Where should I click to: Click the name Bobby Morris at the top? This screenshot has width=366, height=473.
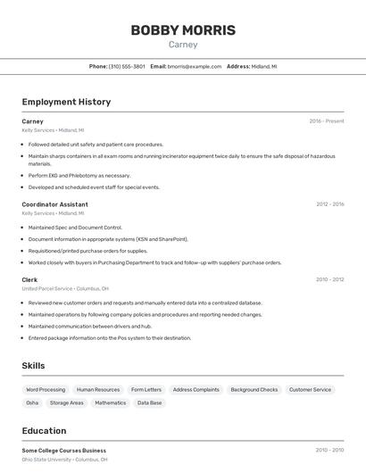(183, 29)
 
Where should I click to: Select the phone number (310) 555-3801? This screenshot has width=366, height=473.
(127, 66)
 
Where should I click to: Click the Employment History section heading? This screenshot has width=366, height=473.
(66, 102)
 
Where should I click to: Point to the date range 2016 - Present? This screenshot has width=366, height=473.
(326, 120)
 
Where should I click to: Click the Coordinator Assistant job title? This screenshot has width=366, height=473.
(54, 204)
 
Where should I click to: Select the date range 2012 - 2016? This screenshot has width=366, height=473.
(329, 204)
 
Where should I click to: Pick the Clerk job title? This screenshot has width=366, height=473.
(29, 279)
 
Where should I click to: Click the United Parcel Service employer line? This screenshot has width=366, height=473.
(65, 289)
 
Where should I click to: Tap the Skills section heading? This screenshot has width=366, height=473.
(33, 366)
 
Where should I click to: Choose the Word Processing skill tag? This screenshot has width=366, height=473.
(46, 390)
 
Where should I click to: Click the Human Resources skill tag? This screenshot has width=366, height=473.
(98, 390)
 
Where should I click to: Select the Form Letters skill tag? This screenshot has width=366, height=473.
(146, 390)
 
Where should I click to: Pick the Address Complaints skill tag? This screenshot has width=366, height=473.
(195, 390)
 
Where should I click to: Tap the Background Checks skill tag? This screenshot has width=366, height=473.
(254, 390)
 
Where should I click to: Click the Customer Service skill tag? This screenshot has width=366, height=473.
(310, 390)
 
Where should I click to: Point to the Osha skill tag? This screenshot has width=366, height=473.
(32, 403)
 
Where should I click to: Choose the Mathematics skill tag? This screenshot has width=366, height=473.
(111, 403)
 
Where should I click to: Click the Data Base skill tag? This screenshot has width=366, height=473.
(150, 403)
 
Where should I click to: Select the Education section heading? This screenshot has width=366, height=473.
(44, 430)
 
